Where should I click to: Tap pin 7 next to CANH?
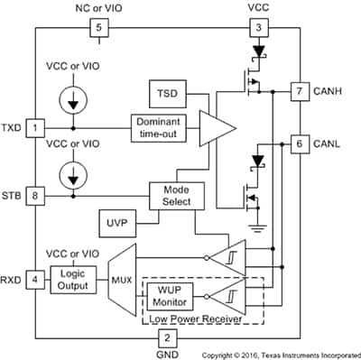(299, 91)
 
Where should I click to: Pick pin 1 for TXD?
(33, 127)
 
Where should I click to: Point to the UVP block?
(111, 221)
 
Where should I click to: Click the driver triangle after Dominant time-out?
(211, 127)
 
